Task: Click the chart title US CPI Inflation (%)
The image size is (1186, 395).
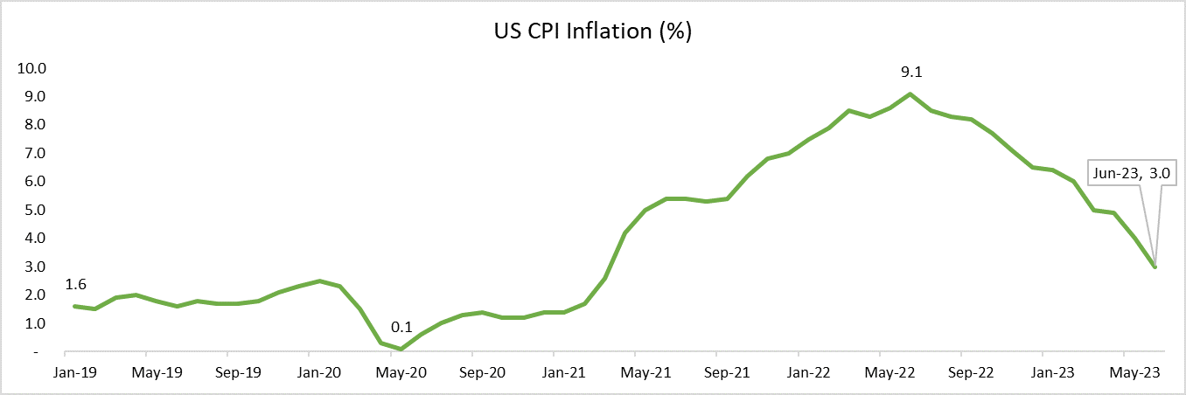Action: point(592,32)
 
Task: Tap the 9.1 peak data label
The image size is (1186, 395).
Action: point(910,73)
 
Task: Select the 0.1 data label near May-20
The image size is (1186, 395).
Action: point(401,328)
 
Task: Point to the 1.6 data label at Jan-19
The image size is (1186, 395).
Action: point(76,284)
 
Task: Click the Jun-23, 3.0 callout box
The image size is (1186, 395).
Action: point(1134,174)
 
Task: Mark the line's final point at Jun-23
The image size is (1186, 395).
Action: point(1155,267)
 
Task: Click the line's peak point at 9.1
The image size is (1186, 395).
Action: point(910,94)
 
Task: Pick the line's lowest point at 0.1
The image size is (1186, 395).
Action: point(401,349)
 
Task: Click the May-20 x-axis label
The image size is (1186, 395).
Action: point(401,371)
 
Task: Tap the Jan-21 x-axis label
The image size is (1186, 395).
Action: point(565,371)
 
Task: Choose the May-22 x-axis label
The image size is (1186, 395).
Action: point(890,371)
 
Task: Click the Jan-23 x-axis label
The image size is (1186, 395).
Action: point(1053,371)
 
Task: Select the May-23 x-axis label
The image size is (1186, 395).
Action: point(1135,371)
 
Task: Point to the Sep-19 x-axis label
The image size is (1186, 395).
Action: point(238,371)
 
